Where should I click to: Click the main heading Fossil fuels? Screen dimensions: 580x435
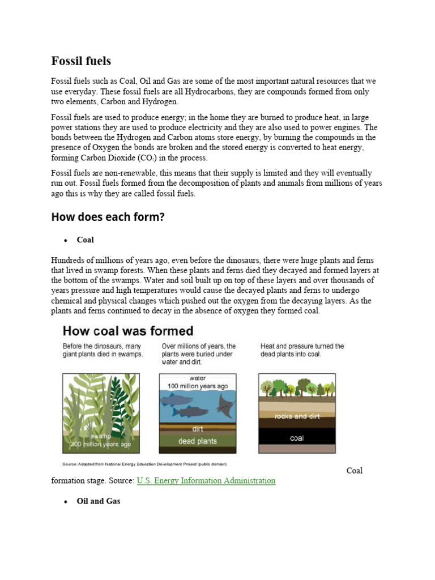click(82, 61)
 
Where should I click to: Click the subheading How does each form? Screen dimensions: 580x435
click(108, 216)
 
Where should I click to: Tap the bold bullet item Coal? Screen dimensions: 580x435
click(86, 240)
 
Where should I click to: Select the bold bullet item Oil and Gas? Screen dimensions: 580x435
click(98, 501)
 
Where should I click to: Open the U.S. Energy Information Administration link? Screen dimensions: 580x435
click(206, 480)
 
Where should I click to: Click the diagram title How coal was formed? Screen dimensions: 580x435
click(127, 331)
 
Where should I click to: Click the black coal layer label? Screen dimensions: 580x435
click(296, 438)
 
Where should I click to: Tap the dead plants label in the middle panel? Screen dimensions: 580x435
click(197, 441)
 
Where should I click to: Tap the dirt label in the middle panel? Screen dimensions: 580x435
click(197, 429)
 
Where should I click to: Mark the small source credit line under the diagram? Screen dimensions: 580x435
click(144, 463)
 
